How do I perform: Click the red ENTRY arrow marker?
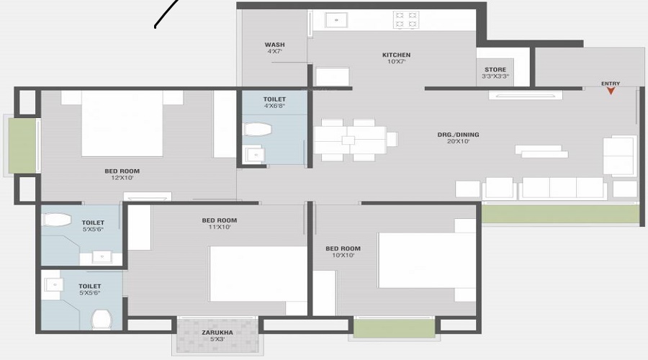[x=611, y=91]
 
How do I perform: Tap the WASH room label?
[x=274, y=45]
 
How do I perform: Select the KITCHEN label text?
[x=396, y=55]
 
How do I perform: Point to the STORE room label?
[x=495, y=69]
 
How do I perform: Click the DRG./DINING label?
[x=458, y=135]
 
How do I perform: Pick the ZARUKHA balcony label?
[x=217, y=332]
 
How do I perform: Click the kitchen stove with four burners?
[x=406, y=19]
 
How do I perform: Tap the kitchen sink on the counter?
[x=337, y=20]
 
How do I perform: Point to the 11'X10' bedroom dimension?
[x=219, y=228]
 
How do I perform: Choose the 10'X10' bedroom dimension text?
[x=343, y=256]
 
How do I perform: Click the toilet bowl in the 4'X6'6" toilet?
[x=257, y=129]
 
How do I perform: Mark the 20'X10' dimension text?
[x=458, y=142]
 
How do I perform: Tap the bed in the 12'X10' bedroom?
[x=122, y=122]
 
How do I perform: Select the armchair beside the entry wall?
[x=619, y=156]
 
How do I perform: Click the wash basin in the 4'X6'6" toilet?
[x=253, y=154]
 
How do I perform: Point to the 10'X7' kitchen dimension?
[x=396, y=62]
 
